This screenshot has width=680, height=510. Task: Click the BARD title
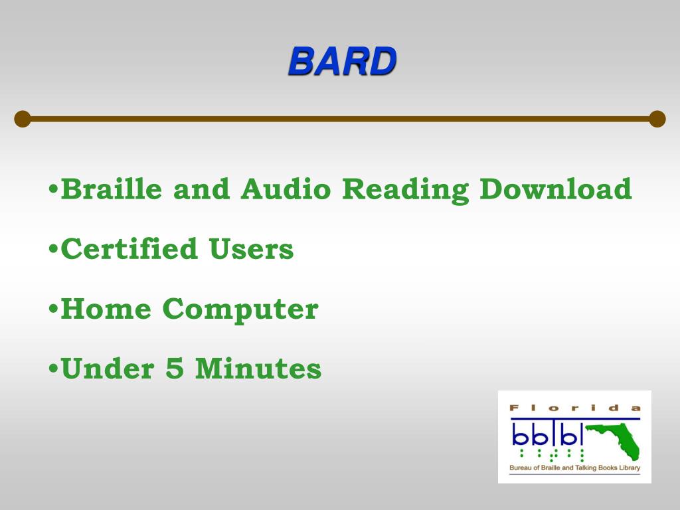click(342, 62)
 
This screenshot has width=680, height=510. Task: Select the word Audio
click(286, 189)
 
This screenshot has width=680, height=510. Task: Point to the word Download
click(556, 189)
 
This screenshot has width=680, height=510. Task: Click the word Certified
click(129, 249)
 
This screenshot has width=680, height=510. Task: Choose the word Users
click(251, 249)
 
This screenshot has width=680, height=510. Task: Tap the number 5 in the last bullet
click(175, 369)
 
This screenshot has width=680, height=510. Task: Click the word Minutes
click(258, 369)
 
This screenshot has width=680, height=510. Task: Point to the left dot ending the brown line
click(23, 119)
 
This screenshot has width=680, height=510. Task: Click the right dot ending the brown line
click(657, 119)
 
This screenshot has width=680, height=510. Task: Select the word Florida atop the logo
click(574, 408)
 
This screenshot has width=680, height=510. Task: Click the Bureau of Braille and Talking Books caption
click(574, 468)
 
